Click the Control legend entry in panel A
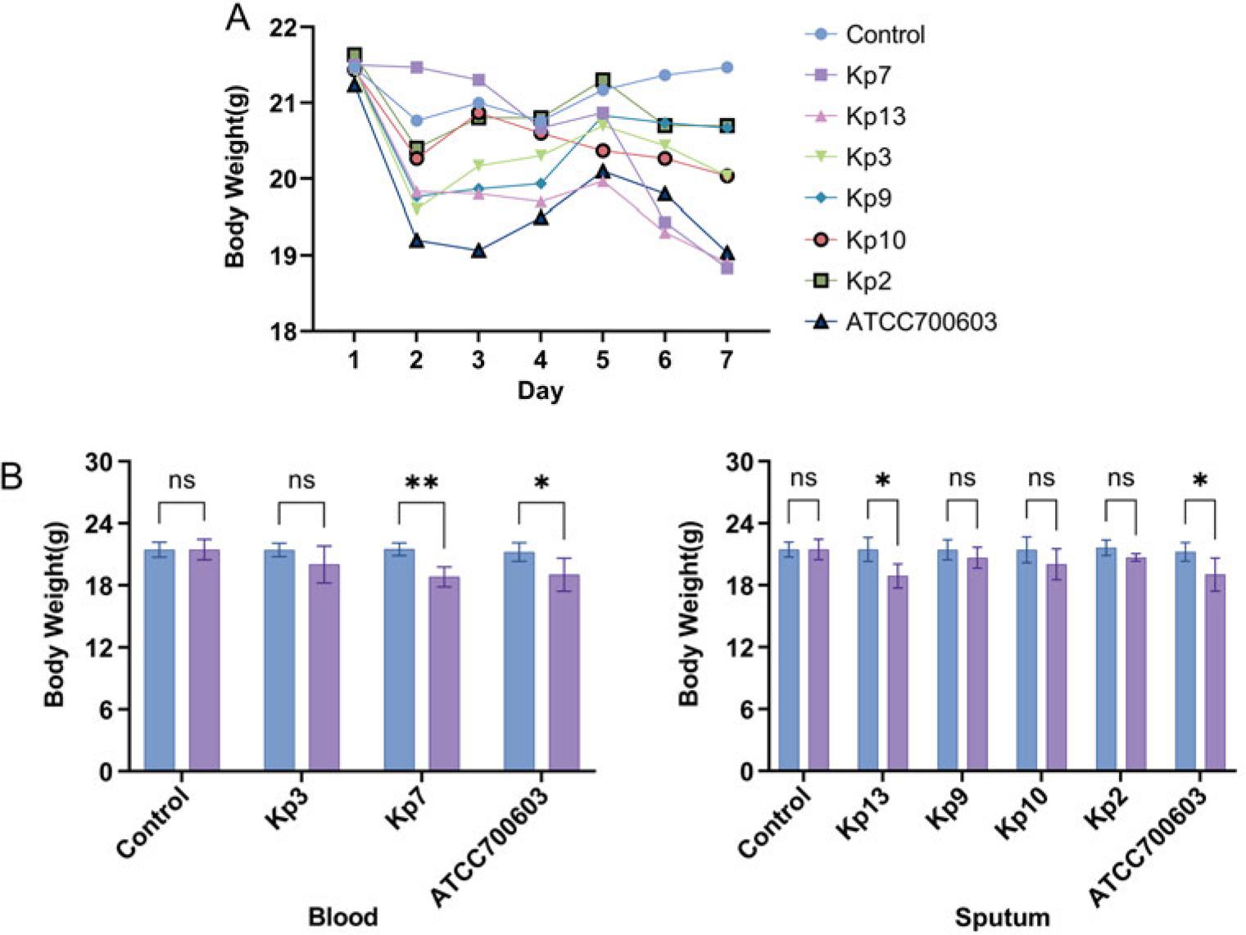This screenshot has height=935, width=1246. click(884, 34)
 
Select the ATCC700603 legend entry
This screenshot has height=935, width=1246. click(920, 321)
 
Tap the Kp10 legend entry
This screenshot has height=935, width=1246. click(875, 240)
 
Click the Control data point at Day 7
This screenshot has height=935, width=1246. click(727, 67)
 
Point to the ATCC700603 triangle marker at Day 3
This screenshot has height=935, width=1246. click(478, 251)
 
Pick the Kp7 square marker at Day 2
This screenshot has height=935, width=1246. click(416, 67)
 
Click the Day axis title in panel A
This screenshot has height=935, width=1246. click(540, 390)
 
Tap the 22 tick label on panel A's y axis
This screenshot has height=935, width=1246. click(283, 27)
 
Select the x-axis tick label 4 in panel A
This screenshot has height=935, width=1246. click(540, 360)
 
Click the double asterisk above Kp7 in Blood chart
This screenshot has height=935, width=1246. click(421, 483)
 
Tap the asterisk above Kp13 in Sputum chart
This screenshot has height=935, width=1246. click(882, 481)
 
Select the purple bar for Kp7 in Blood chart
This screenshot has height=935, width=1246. click(444, 672)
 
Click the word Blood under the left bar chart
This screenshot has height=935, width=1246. click(342, 916)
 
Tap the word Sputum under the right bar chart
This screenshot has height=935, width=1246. click(1001, 917)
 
